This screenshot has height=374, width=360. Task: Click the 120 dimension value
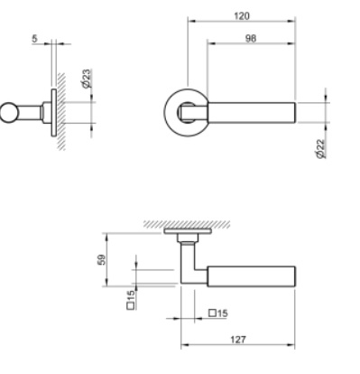pos(242,15)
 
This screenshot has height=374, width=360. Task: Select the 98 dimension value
pos(251,39)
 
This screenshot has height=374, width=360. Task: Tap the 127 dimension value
pos(238,340)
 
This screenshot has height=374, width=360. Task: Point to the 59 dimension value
pos(102,259)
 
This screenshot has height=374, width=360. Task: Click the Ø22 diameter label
pos(321,148)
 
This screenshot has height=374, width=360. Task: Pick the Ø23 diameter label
pos(86,79)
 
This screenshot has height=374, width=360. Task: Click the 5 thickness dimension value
pos(34,39)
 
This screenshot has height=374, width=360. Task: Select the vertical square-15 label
pos(131,300)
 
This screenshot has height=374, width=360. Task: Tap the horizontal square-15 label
pos(218,313)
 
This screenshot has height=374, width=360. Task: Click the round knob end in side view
pos(9,113)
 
